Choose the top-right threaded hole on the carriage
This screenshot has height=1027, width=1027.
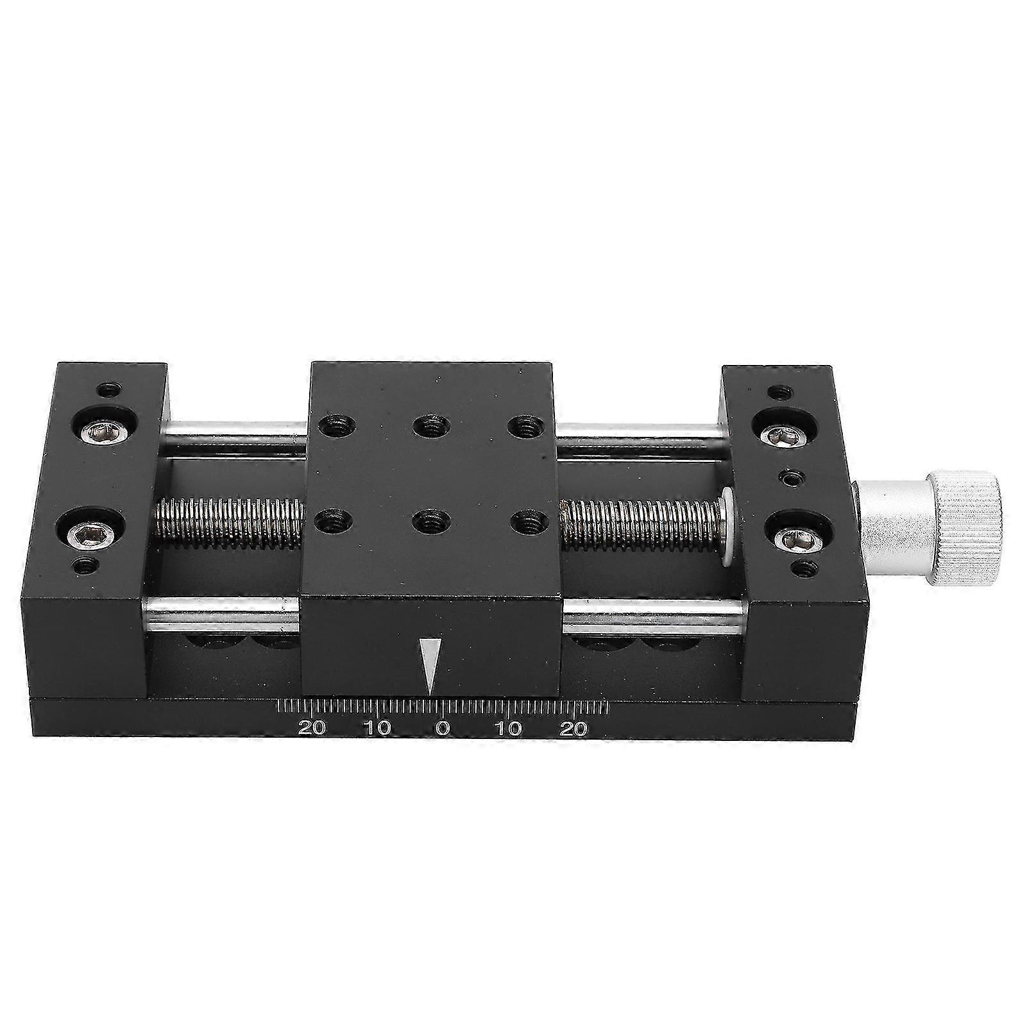pos(523,425)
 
